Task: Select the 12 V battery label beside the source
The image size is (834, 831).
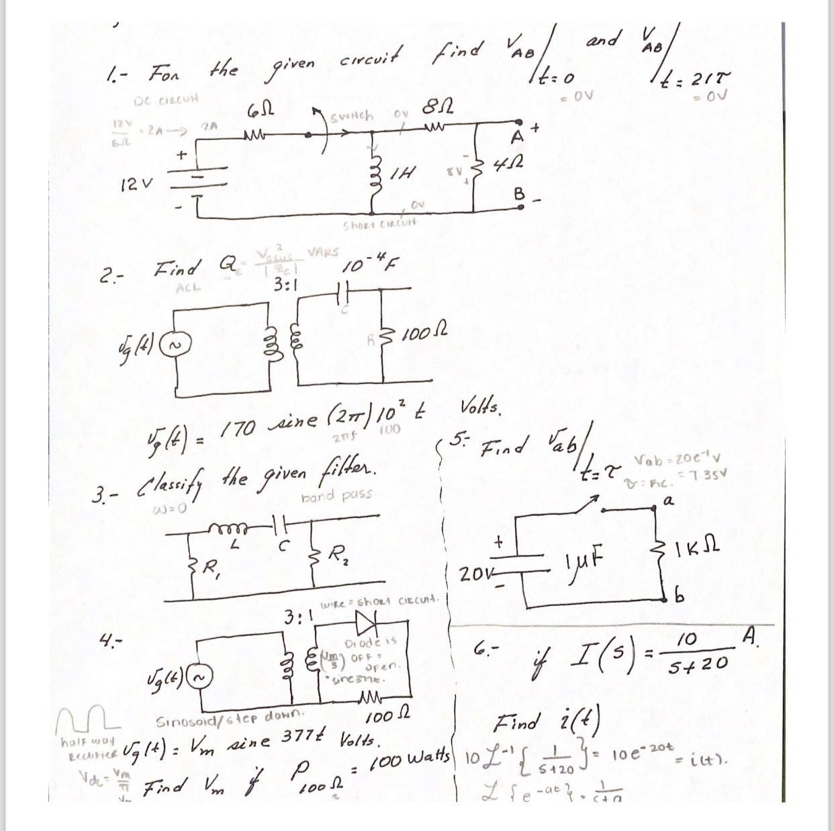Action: (x=138, y=181)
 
